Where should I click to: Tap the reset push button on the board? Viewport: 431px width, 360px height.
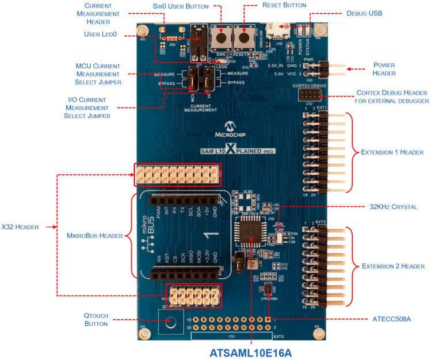tap(244, 39)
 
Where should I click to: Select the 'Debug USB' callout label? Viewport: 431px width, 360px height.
tap(364, 13)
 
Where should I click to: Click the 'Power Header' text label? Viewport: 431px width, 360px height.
tap(384, 70)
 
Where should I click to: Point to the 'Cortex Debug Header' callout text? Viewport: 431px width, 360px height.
tap(392, 97)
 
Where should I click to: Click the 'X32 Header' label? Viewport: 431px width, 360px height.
tap(21, 227)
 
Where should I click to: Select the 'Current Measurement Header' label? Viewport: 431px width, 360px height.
tap(97, 13)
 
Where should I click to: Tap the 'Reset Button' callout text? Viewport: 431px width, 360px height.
tap(284, 5)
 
